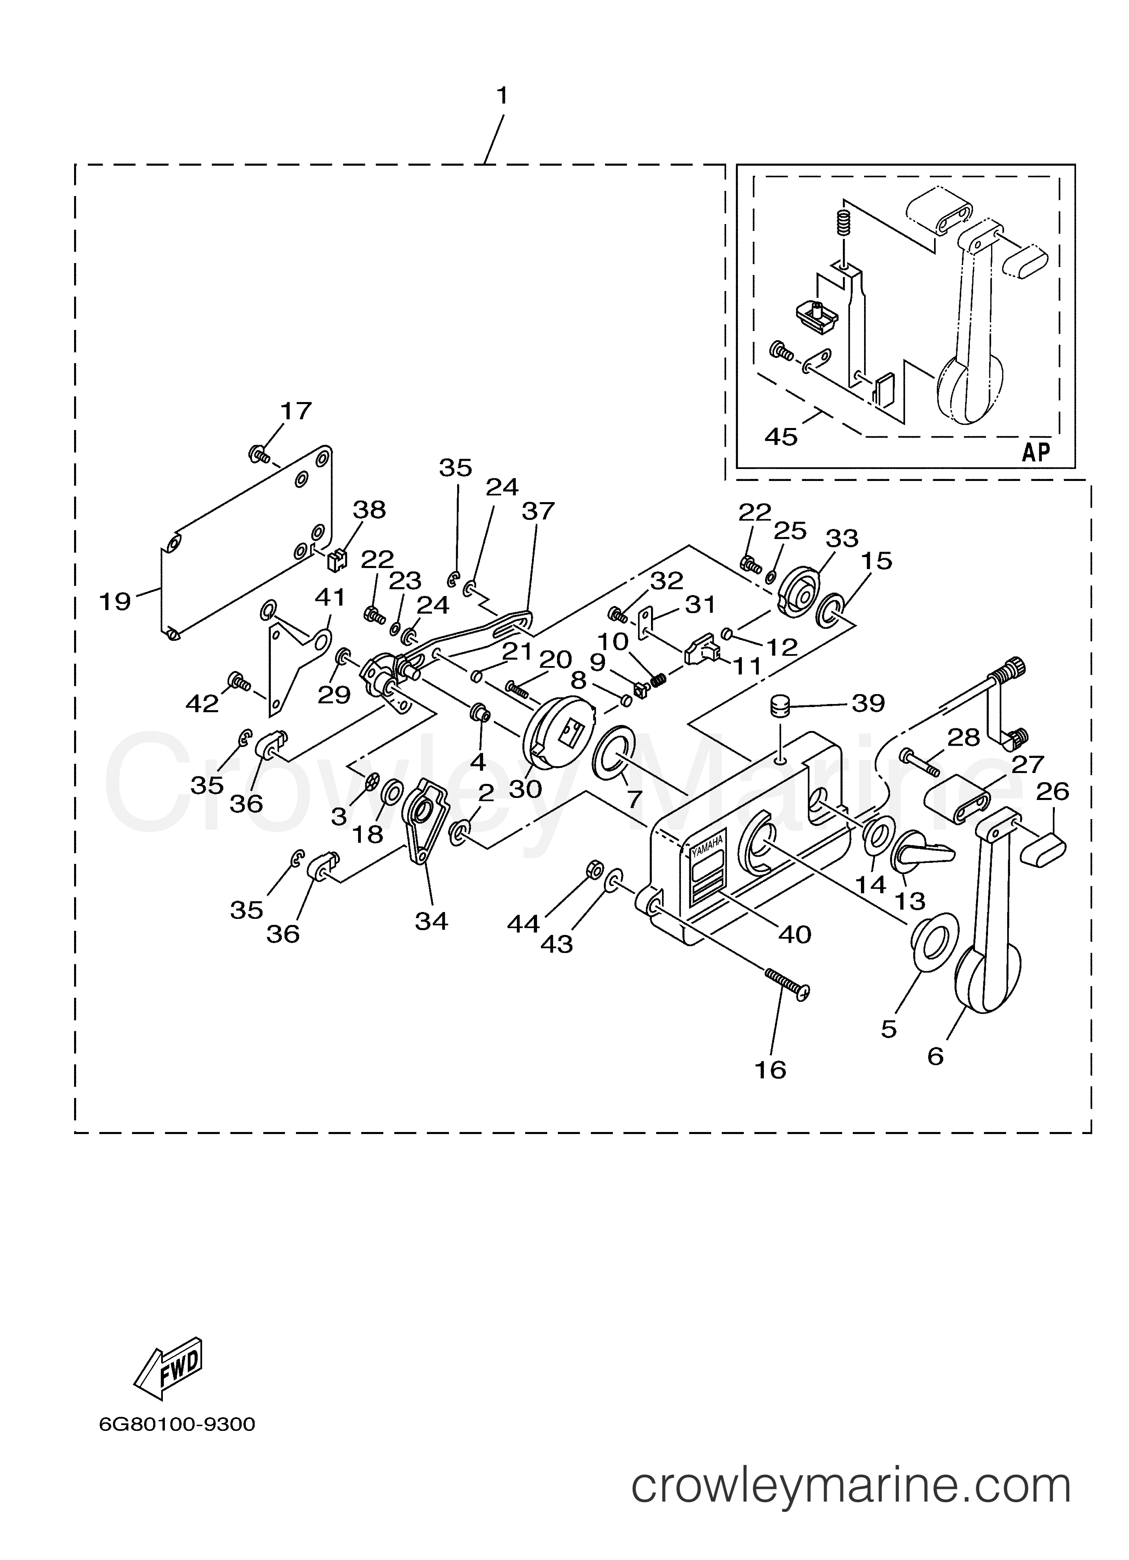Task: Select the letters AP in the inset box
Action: point(1035,452)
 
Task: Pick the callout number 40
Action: point(795,934)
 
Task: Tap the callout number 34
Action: point(431,920)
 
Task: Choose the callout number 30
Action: point(526,788)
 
